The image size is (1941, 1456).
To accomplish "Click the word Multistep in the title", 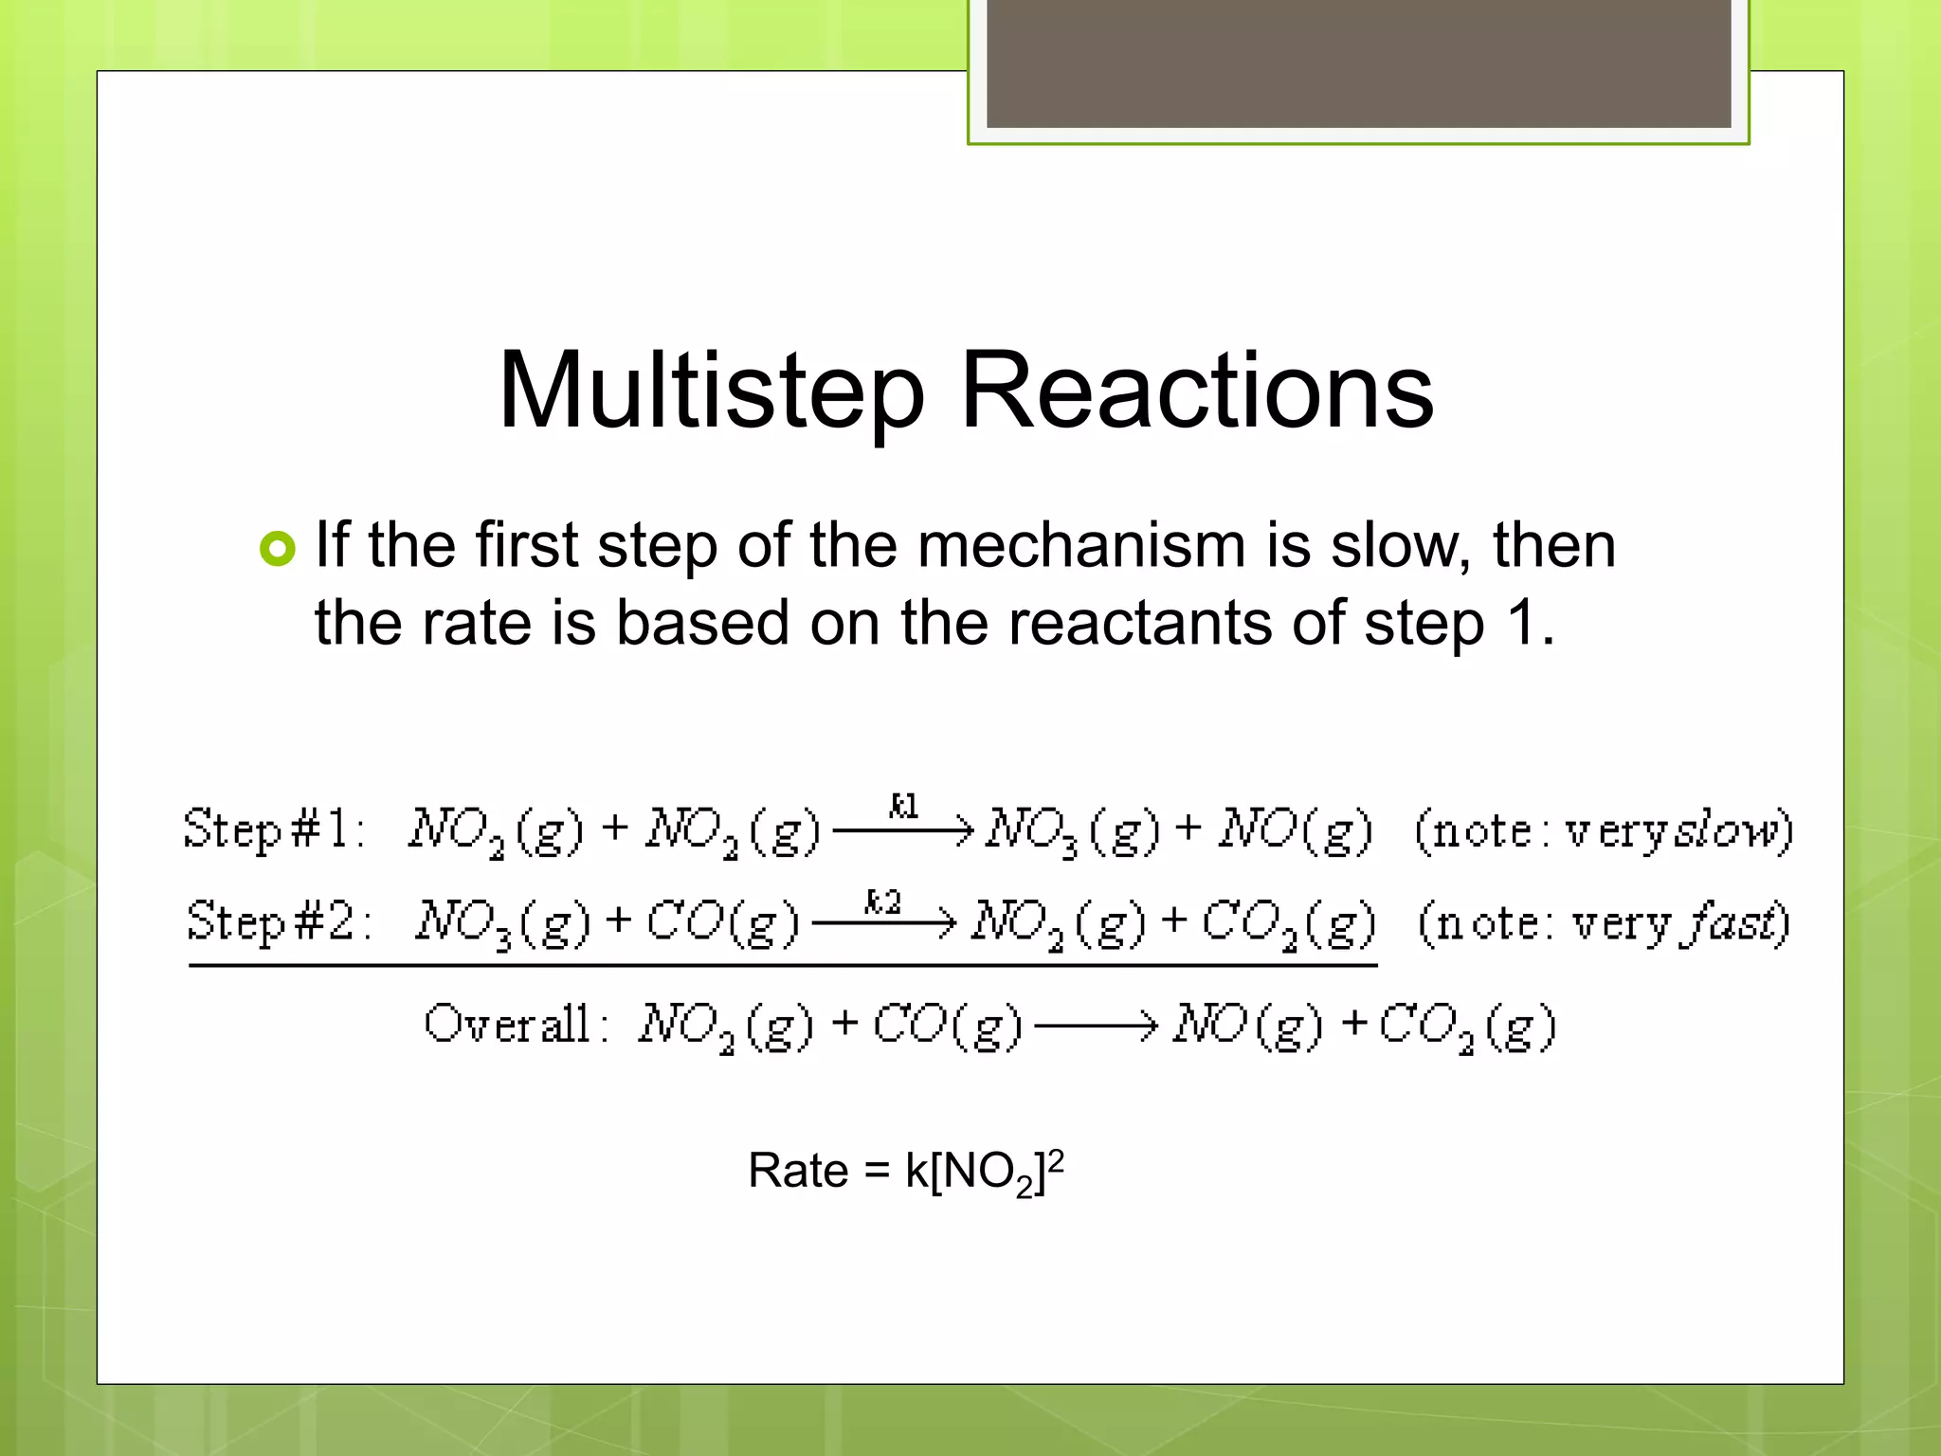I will point(711,391).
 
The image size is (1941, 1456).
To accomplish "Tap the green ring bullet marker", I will point(278,549).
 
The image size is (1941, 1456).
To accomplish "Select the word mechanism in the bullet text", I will point(1082,546).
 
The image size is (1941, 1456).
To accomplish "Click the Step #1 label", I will point(274,830).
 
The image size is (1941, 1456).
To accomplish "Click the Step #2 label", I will point(280,921).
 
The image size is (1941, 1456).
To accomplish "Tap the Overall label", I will point(517,1024).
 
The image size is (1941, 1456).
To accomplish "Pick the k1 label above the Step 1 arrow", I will point(903,806).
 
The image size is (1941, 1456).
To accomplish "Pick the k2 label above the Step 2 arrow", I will point(882,901).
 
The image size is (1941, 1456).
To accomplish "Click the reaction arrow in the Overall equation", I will point(1096,1025).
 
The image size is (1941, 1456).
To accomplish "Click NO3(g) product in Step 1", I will point(1072,831).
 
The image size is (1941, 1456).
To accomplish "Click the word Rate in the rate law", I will point(797,1171).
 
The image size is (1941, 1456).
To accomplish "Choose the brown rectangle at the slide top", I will point(1358,64).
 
